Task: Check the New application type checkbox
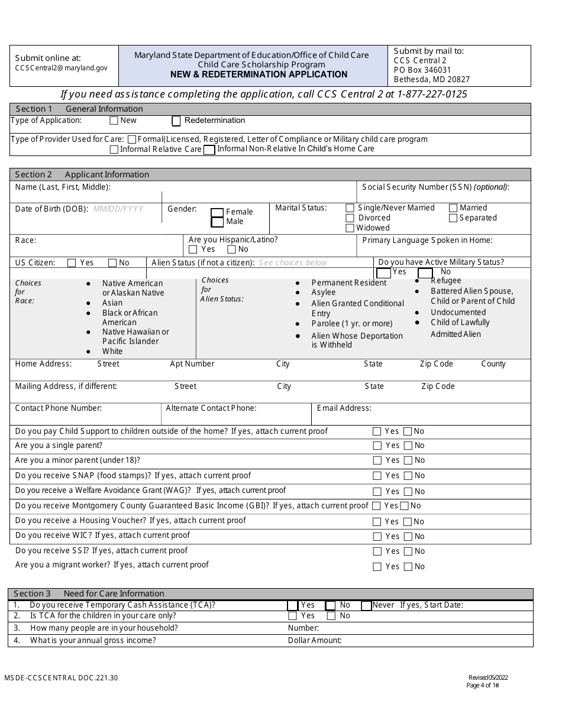[x=114, y=121]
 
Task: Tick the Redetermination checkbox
[x=176, y=121]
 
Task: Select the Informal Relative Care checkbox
[x=114, y=150]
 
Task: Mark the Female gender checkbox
[x=217, y=213]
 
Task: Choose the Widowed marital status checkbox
[x=350, y=228]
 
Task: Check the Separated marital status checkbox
[x=453, y=218]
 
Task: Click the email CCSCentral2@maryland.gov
[x=61, y=68]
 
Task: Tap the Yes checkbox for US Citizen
[x=72, y=263]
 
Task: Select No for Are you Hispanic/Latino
[x=231, y=249]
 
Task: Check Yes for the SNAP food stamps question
[x=377, y=476]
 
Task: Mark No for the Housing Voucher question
[x=408, y=522]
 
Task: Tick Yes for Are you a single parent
[x=377, y=446]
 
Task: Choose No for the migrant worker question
[x=408, y=567]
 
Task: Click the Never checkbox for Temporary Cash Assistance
[x=366, y=605]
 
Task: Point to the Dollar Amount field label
[x=315, y=641]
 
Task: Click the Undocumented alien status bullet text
[x=458, y=312]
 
